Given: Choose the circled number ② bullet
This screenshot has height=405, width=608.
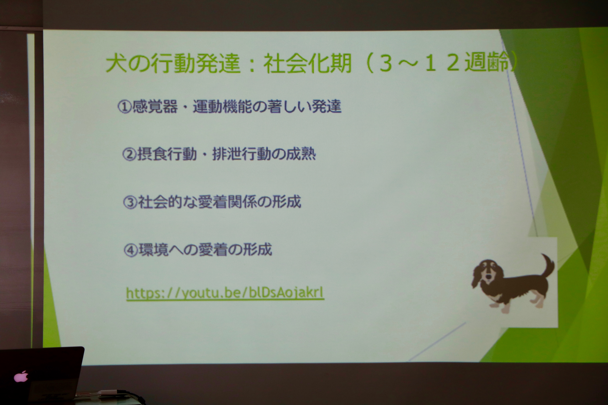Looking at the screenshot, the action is point(129,155).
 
